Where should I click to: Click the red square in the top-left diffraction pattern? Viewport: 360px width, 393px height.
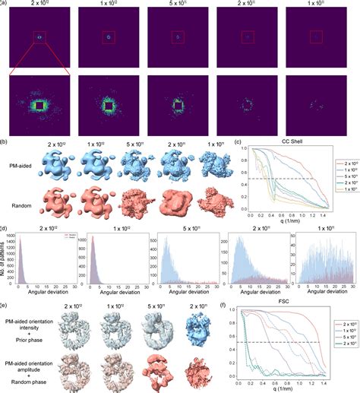point(39,36)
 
